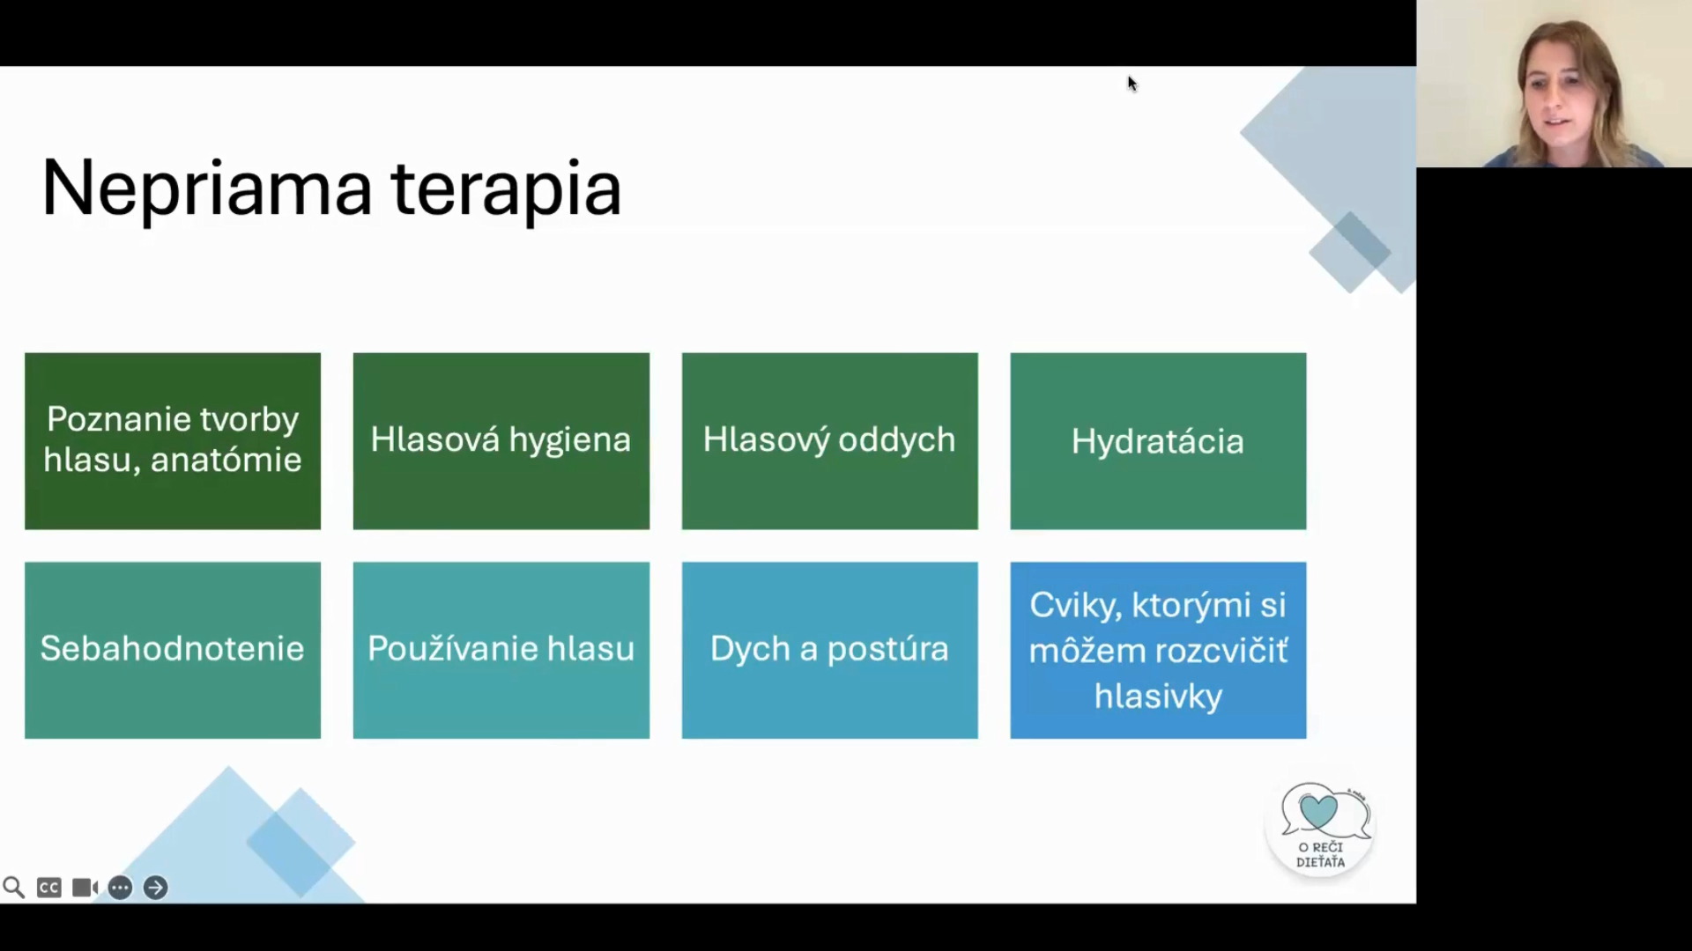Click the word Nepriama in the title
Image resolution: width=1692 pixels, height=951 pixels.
(207, 188)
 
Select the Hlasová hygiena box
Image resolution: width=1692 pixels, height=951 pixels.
(501, 441)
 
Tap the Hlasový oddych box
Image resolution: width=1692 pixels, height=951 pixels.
(830, 441)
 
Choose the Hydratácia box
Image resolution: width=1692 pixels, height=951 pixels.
(1158, 441)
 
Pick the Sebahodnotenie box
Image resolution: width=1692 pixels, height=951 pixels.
(173, 650)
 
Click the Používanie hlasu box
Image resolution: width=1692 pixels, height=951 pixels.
(501, 650)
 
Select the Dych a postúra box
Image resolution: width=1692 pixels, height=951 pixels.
(830, 650)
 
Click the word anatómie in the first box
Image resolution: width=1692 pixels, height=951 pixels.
(226, 460)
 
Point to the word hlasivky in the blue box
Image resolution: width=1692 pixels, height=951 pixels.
(1158, 696)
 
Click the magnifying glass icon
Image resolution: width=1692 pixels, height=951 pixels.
(13, 887)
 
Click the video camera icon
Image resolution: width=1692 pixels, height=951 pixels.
(85, 888)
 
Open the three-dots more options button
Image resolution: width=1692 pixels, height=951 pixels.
(120, 888)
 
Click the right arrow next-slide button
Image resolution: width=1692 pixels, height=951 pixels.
(155, 888)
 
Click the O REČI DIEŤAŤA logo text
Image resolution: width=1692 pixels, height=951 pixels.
(1320, 855)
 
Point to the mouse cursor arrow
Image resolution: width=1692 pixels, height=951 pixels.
(1132, 84)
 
